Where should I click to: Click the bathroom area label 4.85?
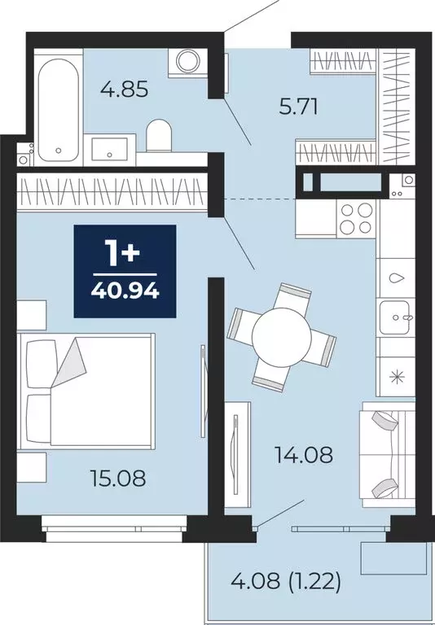[x=126, y=90]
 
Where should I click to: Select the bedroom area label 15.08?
[x=119, y=479]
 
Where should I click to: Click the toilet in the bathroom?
[x=158, y=135]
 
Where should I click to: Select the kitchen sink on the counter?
[x=397, y=314]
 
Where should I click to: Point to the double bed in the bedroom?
[x=90, y=389]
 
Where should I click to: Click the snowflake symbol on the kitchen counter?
[x=398, y=376]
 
